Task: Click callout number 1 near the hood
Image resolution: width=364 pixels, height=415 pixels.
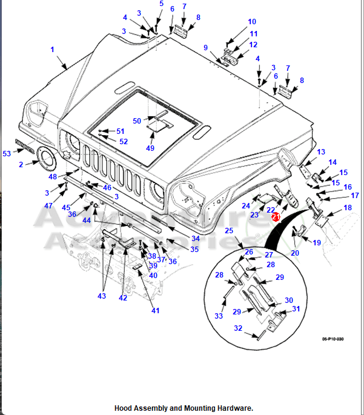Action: pyautogui.click(x=52, y=49)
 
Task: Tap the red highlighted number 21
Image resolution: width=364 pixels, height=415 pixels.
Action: pyautogui.click(x=276, y=216)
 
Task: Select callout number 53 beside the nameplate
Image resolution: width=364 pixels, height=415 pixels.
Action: pyautogui.click(x=7, y=154)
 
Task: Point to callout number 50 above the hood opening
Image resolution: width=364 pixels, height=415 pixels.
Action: pyautogui.click(x=137, y=121)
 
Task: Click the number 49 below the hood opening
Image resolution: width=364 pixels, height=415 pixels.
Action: pyautogui.click(x=150, y=148)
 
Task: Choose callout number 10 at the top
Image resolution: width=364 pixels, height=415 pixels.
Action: pyautogui.click(x=252, y=22)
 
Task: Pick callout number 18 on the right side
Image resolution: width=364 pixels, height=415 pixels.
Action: pyautogui.click(x=348, y=208)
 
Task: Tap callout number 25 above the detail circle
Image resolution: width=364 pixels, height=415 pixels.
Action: pyautogui.click(x=229, y=231)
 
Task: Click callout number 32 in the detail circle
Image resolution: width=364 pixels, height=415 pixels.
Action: pyautogui.click(x=239, y=329)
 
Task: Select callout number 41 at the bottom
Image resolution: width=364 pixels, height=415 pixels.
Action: pyautogui.click(x=156, y=311)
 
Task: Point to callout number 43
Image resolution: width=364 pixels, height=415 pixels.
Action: pyautogui.click(x=102, y=296)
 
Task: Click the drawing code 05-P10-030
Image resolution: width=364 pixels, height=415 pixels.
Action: pyautogui.click(x=333, y=339)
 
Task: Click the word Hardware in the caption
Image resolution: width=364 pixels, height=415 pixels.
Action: pyautogui.click(x=231, y=408)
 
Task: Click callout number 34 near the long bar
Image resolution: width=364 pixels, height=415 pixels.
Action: pyautogui.click(x=195, y=239)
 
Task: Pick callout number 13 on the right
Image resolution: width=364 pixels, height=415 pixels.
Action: pyautogui.click(x=321, y=152)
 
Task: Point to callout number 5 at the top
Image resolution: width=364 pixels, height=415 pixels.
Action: pyautogui.click(x=161, y=4)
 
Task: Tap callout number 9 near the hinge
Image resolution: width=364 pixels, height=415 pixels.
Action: pyautogui.click(x=206, y=48)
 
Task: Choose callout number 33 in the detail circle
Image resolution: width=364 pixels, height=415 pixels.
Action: pyautogui.click(x=219, y=316)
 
